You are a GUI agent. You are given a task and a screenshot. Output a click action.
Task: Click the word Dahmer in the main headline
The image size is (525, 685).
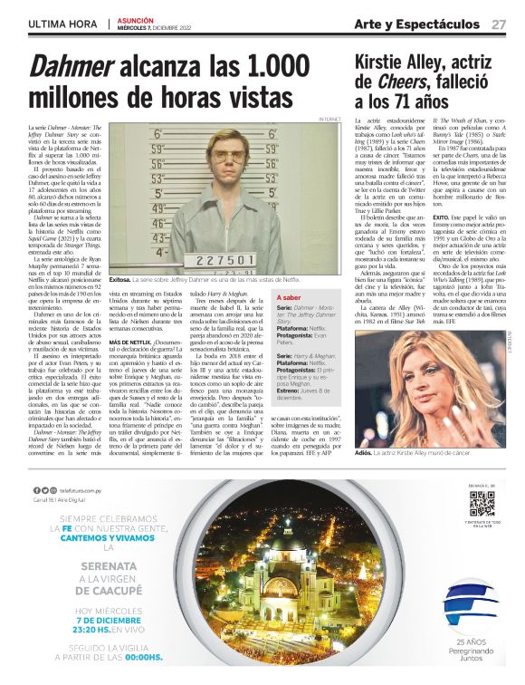pyautogui.click(x=75, y=66)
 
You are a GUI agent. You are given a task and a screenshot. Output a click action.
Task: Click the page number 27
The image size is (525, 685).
pyautogui.click(x=499, y=24)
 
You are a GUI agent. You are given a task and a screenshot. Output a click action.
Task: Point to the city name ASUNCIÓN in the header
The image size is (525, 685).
pyautogui.click(x=135, y=18)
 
